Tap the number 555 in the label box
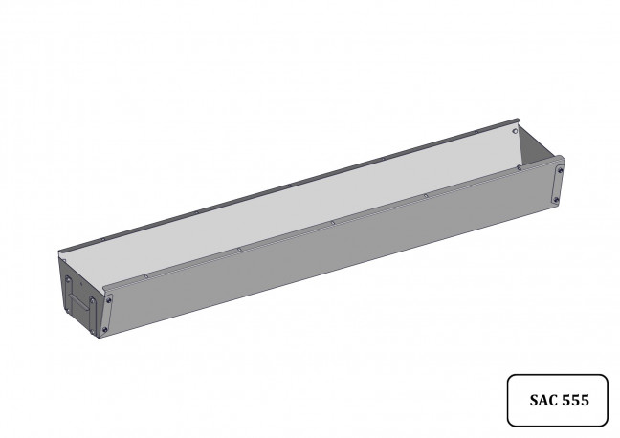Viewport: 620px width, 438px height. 576,400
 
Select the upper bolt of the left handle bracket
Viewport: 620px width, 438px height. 68,280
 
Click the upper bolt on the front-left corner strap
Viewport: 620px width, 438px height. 108,300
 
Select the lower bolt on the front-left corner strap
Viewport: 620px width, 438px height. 105,329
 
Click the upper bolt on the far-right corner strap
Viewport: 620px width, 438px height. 561,171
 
